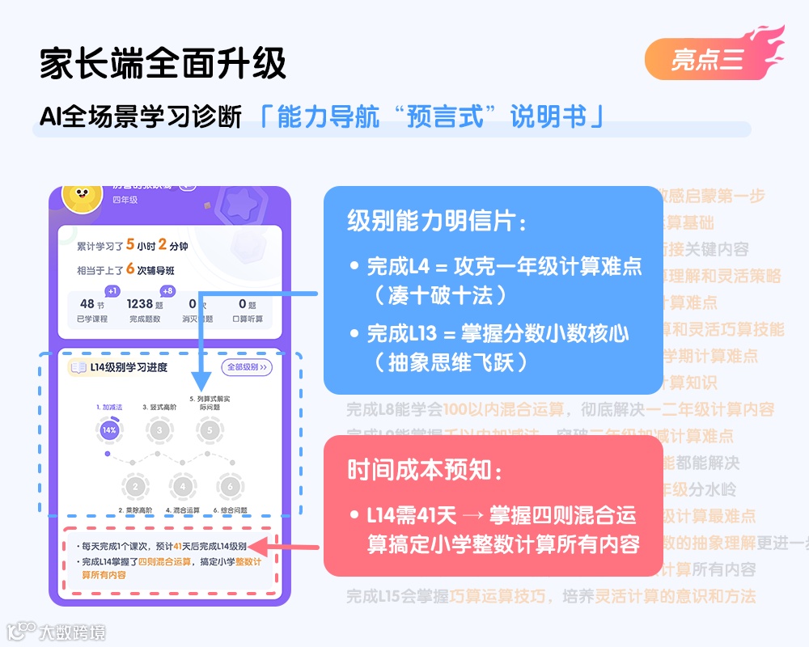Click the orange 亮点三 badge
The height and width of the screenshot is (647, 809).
706,59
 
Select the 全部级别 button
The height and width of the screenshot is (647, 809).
247,367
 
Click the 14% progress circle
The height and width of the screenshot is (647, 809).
109,430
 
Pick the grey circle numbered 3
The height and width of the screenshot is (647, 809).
159,430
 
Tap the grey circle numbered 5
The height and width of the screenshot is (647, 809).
210,430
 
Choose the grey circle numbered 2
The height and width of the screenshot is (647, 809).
135,486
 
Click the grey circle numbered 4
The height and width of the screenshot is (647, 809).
183,486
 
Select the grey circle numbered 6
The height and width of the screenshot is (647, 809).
231,486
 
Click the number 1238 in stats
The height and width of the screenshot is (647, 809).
140,304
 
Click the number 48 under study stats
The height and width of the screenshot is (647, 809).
87,304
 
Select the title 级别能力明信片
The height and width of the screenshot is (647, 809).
437,221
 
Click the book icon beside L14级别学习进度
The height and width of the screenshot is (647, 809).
78,368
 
